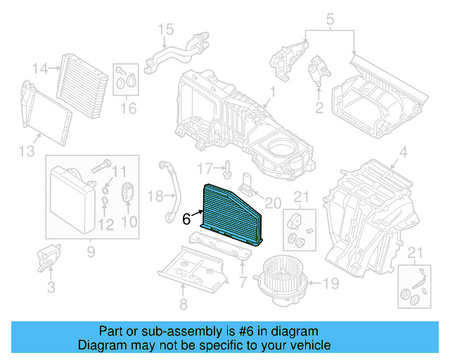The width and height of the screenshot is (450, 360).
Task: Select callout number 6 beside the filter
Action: coord(186,219)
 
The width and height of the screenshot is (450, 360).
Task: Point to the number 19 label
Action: coord(331,285)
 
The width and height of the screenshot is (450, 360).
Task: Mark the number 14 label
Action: coord(40,69)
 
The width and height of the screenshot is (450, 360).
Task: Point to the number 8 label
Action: coord(183,304)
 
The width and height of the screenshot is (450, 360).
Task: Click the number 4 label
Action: coord(403,153)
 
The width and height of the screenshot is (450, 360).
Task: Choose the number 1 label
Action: coord(273,91)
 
